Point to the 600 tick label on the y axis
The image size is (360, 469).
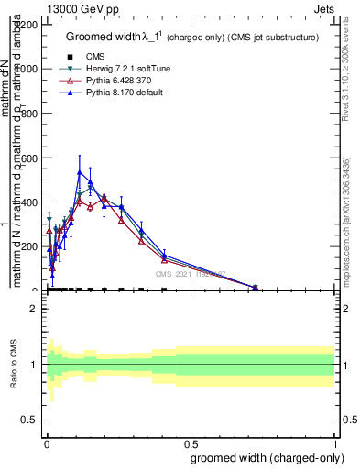tap(29, 158)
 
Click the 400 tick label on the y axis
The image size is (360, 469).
tap(29, 202)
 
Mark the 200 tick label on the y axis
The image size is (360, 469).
tap(29, 246)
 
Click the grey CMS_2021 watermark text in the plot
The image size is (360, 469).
tap(190, 274)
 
